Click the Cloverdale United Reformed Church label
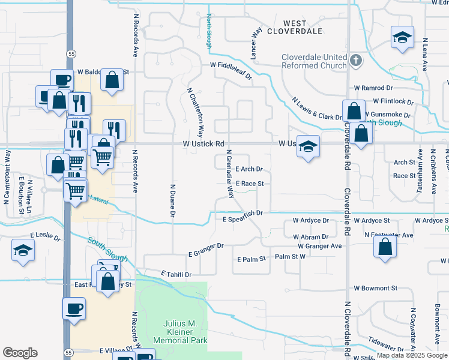[x=315, y=61]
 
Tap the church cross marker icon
[x=356, y=60]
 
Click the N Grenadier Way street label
[x=229, y=174]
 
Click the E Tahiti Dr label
[x=176, y=274]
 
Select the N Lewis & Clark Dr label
[x=316, y=108]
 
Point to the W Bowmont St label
[x=376, y=288]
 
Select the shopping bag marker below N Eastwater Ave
[x=385, y=245]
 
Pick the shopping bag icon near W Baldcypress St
[x=112, y=80]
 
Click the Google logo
[x=20, y=353]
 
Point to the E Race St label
[x=250, y=184]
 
